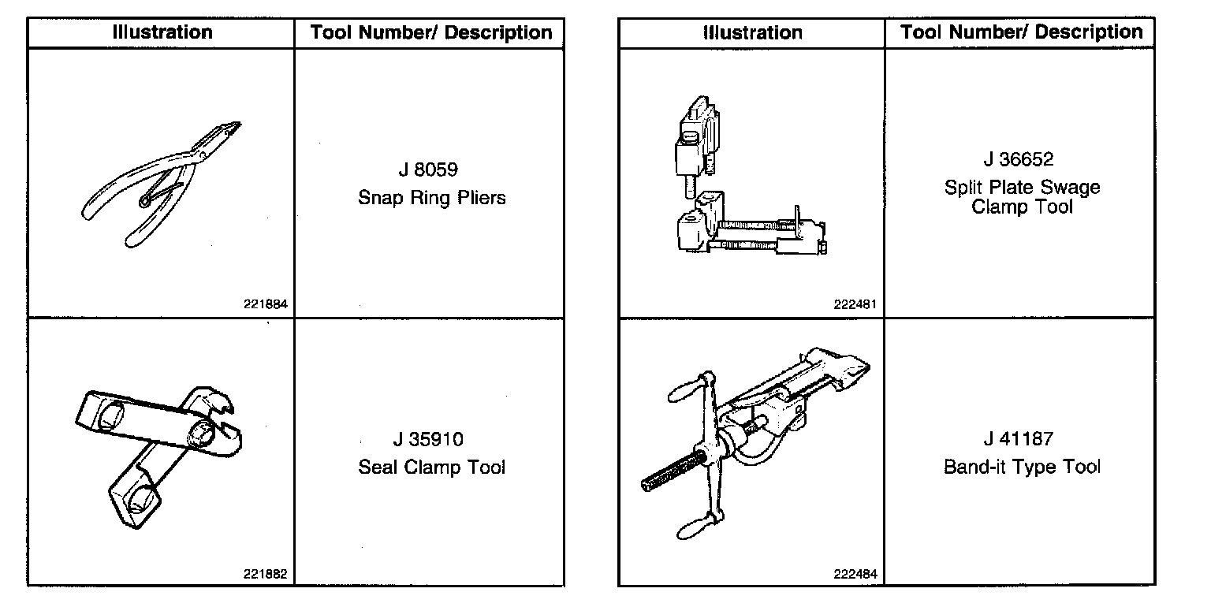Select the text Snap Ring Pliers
click(x=431, y=197)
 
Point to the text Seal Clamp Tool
click(x=431, y=467)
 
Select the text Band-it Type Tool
click(x=1022, y=467)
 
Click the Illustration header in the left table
click(x=162, y=32)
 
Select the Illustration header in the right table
click(x=752, y=32)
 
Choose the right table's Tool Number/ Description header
click(x=1021, y=32)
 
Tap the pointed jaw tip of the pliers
click(x=237, y=124)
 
